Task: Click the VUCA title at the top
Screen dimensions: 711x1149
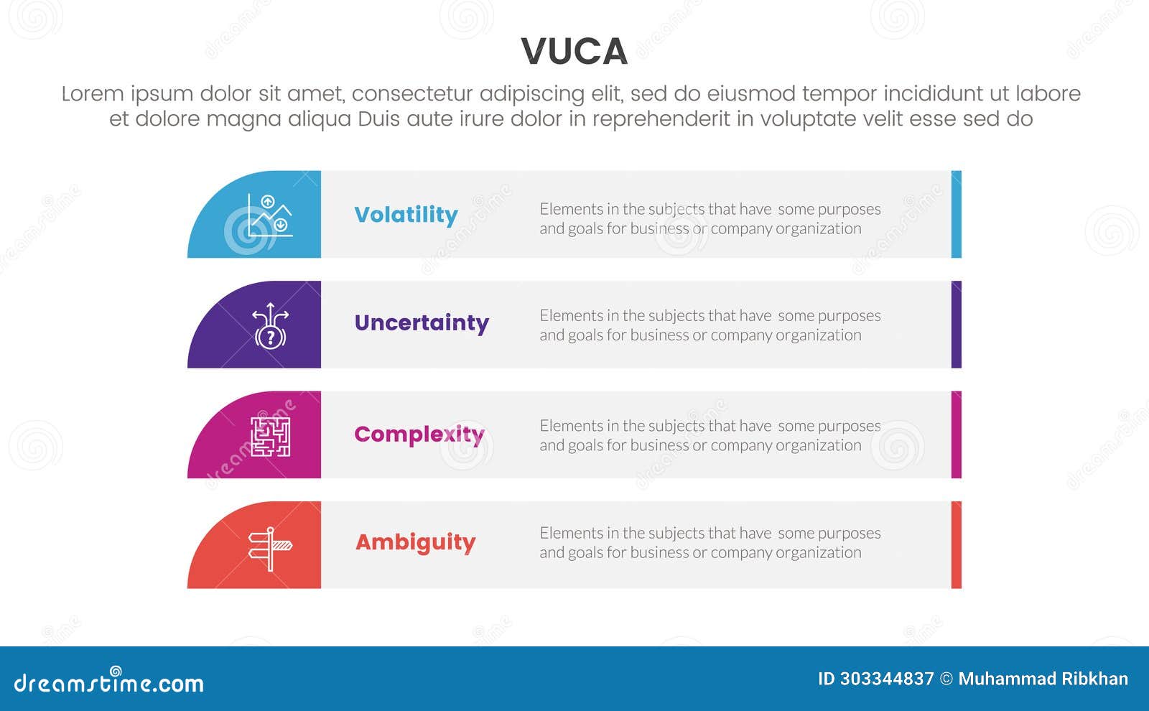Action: pos(574,52)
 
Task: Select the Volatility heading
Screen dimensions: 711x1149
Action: pos(406,215)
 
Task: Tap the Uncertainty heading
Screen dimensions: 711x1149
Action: pos(422,323)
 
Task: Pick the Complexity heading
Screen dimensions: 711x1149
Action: pos(419,434)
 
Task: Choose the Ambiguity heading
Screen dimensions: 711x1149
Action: pos(416,542)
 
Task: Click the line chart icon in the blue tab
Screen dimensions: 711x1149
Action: pos(269,215)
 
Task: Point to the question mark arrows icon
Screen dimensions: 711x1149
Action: pos(270,326)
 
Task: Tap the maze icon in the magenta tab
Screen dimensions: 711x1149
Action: pos(270,436)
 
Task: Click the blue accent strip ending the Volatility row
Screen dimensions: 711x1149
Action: pos(956,214)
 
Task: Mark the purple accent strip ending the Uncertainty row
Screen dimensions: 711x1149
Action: pos(956,325)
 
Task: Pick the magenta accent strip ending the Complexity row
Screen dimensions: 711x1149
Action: pos(956,434)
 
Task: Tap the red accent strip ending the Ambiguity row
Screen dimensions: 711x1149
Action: pos(956,545)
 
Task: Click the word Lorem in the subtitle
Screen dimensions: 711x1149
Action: pos(93,94)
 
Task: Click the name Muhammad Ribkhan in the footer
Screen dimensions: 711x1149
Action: pos(1043,679)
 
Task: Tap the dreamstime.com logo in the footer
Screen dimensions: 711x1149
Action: pos(108,682)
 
